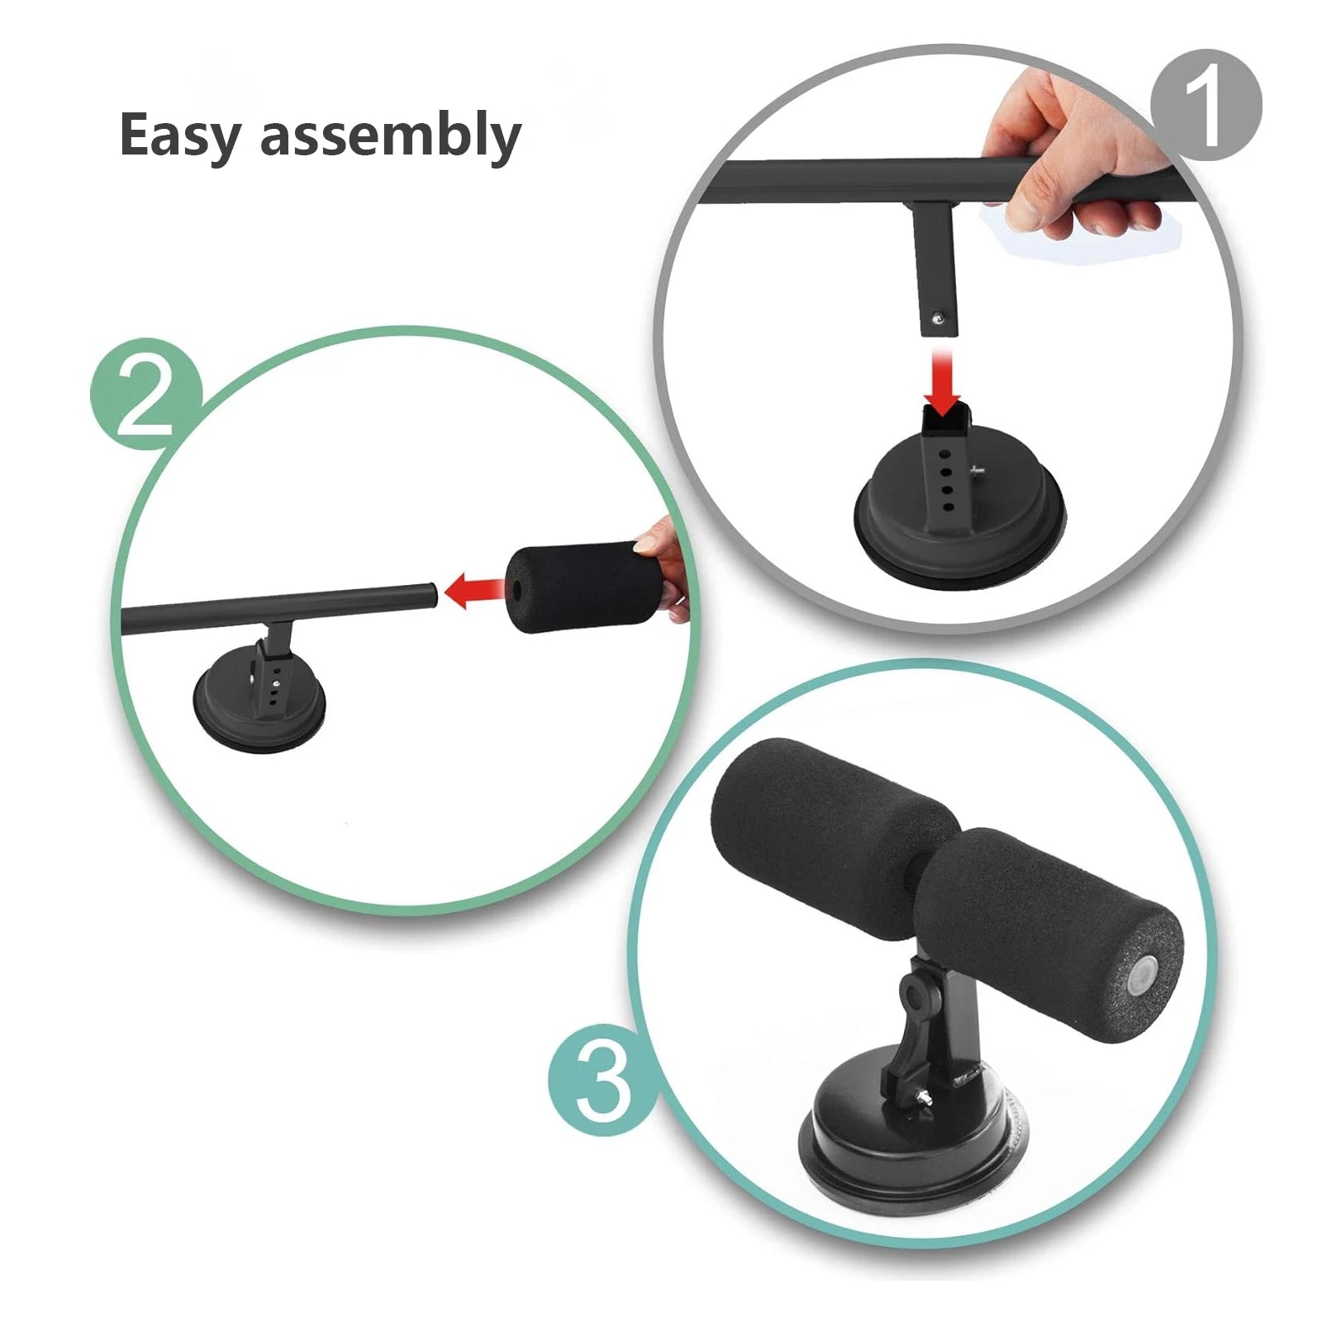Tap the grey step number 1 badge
[x=1206, y=105]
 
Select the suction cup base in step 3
[x=909, y=1157]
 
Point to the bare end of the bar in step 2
[x=428, y=595]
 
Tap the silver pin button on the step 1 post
[x=937, y=314]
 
